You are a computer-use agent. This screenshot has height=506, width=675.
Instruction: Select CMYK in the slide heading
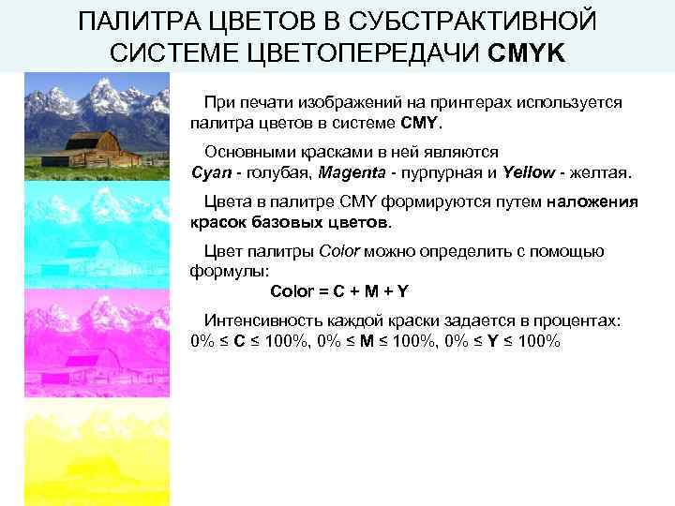(x=527, y=51)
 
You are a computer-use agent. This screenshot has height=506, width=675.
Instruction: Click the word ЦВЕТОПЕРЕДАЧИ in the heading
(x=362, y=51)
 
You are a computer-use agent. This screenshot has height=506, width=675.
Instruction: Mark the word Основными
(x=246, y=152)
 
